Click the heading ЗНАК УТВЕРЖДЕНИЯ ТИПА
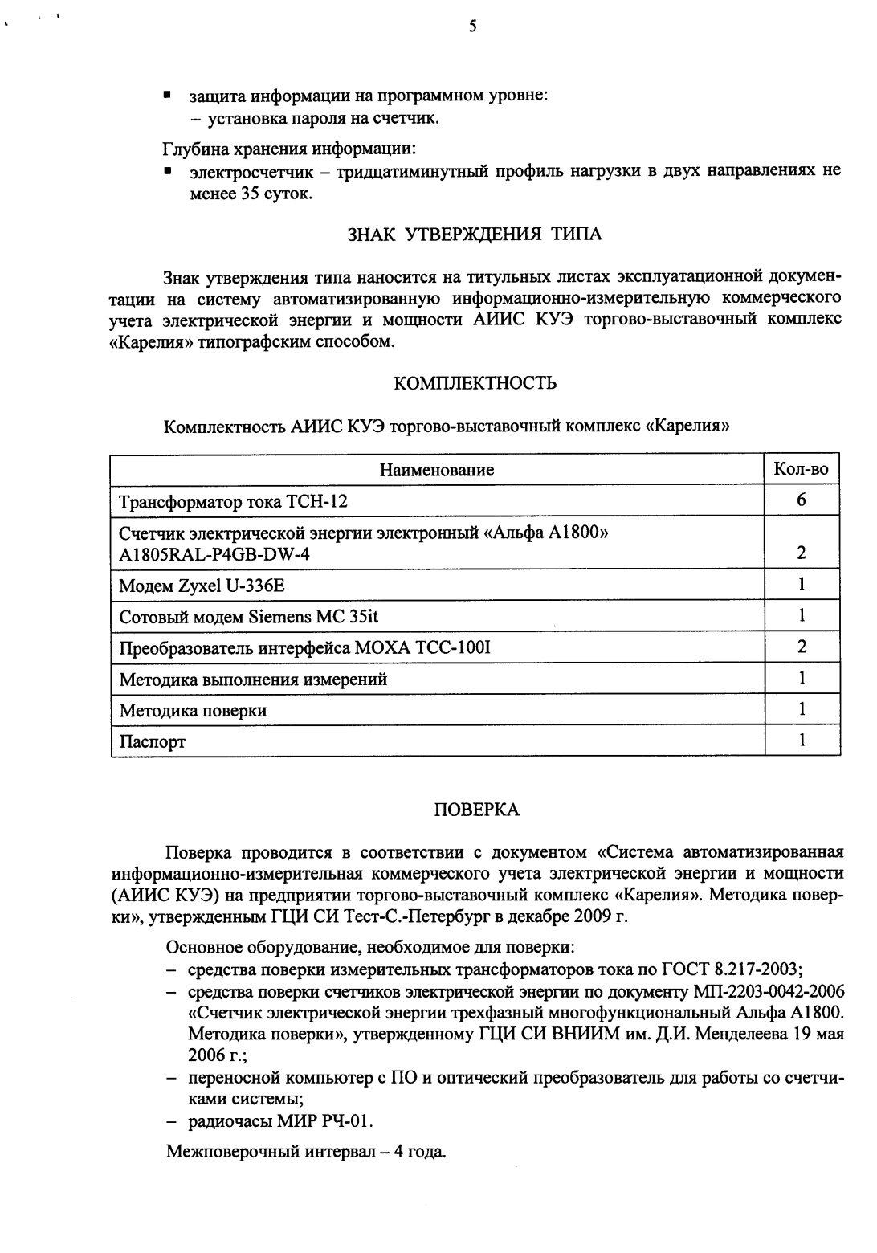[474, 235]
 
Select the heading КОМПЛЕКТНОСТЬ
[475, 383]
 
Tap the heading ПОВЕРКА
[476, 810]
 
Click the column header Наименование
[437, 470]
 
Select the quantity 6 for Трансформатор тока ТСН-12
[801, 500]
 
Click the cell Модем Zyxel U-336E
[202, 586]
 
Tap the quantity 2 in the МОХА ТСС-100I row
[801, 647]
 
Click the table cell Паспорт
[152, 742]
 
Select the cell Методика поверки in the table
[193, 711]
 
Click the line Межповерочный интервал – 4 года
[305, 1152]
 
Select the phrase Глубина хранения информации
[289, 149]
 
